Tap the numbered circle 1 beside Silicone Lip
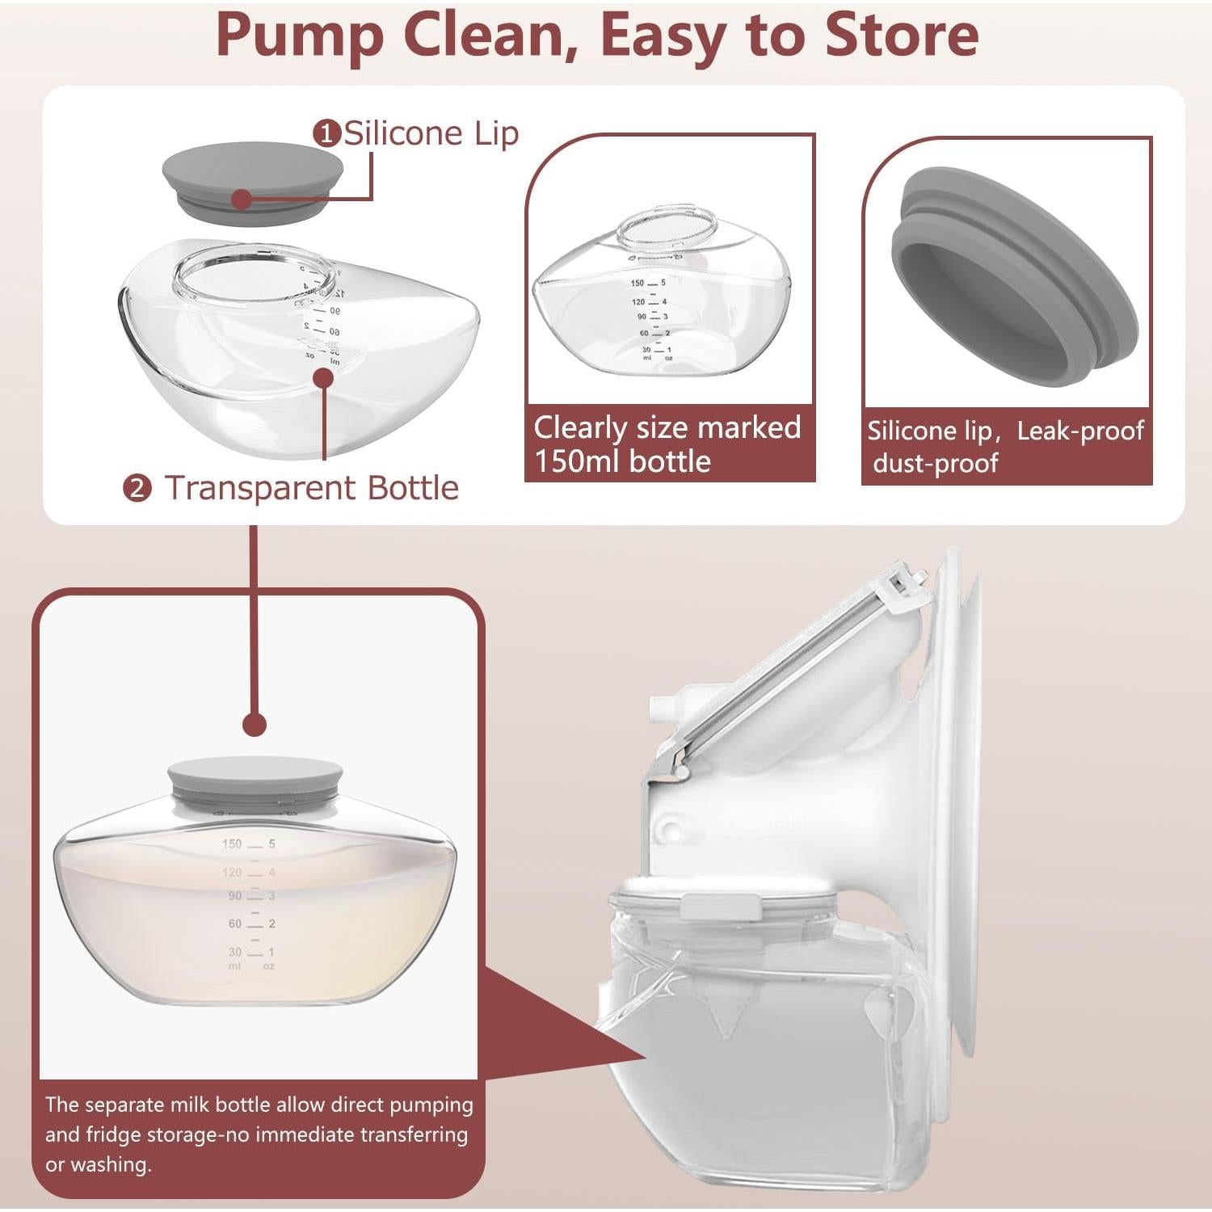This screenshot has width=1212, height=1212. point(326,133)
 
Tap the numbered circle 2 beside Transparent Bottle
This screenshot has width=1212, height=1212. point(137,488)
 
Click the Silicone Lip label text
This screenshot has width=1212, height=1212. point(431,133)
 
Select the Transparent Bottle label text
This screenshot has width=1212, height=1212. point(311,488)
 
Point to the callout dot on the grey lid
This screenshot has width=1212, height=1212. point(241,199)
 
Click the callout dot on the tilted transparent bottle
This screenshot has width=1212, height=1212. point(324,378)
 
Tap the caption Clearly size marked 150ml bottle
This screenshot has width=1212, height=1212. point(667,444)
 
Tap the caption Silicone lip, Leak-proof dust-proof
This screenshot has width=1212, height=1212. point(1005,446)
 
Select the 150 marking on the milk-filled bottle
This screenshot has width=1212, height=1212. point(232,844)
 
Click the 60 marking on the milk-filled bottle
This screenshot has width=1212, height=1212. point(234,923)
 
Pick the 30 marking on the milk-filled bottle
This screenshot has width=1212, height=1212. point(234,952)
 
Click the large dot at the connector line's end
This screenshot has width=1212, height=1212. point(255,724)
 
